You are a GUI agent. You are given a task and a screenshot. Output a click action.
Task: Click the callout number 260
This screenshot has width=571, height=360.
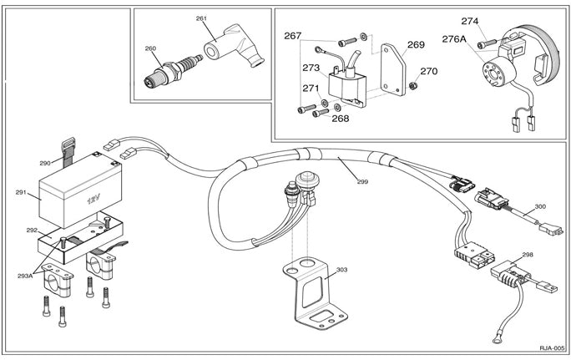tap(150, 48)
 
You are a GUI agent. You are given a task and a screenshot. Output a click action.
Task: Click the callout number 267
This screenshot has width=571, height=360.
tap(292, 36)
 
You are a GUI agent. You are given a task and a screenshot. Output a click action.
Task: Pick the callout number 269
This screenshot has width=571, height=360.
tap(416, 45)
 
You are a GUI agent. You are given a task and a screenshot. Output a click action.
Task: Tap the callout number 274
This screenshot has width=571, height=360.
tap(470, 21)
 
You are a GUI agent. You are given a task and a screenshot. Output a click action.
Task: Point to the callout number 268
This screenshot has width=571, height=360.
tap(341, 118)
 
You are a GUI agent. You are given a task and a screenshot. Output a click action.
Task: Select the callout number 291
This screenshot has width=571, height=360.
tap(23, 193)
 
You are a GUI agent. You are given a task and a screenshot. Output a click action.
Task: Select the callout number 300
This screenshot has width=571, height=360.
tap(540, 205)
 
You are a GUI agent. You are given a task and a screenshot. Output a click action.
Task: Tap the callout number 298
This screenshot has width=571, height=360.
tap(528, 255)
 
